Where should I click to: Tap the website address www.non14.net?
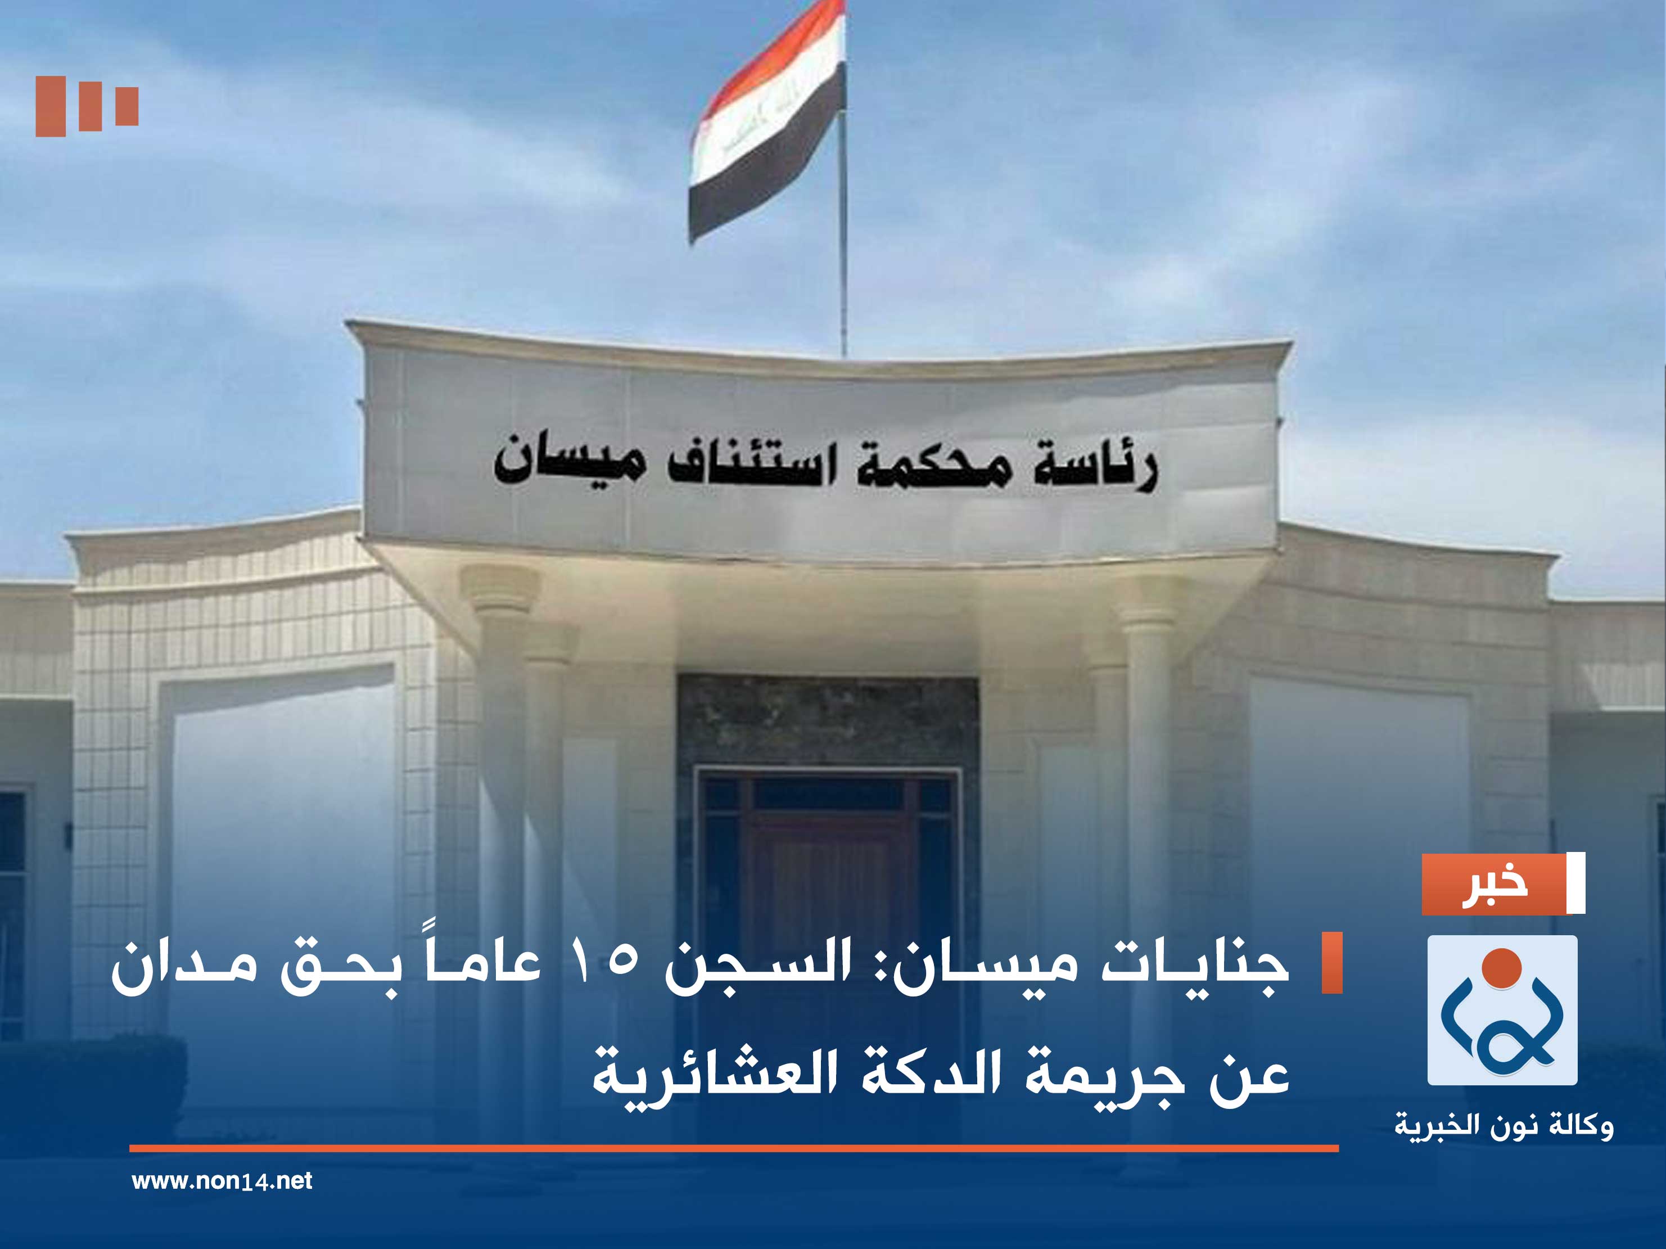coord(222,1180)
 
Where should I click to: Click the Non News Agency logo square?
coord(1502,1010)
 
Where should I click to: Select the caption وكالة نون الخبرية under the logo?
coord(1504,1126)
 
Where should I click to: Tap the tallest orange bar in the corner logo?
coord(51,106)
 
